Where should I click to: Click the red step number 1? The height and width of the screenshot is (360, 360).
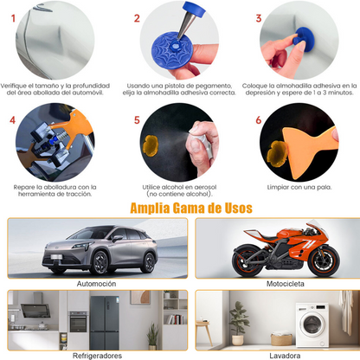(13, 18)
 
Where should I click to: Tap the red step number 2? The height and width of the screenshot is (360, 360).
(137, 18)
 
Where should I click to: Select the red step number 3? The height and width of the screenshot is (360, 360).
(259, 18)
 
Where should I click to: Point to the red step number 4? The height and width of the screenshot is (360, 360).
(13, 121)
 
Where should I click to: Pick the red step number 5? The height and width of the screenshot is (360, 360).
(137, 121)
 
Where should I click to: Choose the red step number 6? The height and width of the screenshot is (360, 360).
(259, 121)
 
